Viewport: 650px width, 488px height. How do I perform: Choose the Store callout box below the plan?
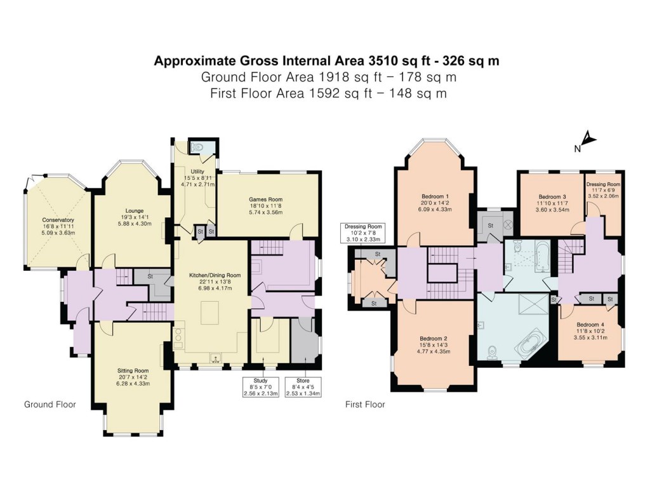point(302,388)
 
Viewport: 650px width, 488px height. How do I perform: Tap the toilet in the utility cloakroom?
point(199,147)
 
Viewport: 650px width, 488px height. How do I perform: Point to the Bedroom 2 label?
point(434,344)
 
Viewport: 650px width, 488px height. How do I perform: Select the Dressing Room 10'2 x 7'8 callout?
point(363,233)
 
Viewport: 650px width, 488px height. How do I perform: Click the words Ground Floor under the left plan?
point(50,404)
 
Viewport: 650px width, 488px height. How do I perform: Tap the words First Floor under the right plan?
point(364,404)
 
